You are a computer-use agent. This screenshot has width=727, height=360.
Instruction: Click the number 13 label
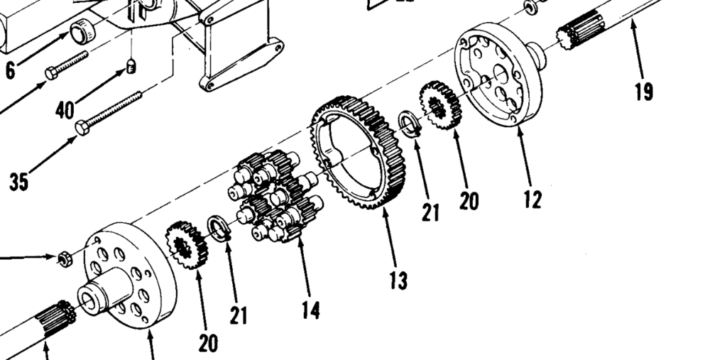click(x=398, y=280)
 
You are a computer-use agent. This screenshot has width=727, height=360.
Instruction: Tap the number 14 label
click(x=310, y=310)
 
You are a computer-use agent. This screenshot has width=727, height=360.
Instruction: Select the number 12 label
click(x=532, y=200)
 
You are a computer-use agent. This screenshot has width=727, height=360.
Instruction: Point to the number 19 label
click(x=644, y=92)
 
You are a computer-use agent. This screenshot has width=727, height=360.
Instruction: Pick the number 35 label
click(x=20, y=182)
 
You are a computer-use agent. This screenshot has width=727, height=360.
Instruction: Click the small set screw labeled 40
click(x=131, y=66)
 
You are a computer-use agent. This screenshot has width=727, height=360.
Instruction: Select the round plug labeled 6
click(x=84, y=32)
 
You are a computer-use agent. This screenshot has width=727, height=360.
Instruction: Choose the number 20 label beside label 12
click(x=469, y=201)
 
